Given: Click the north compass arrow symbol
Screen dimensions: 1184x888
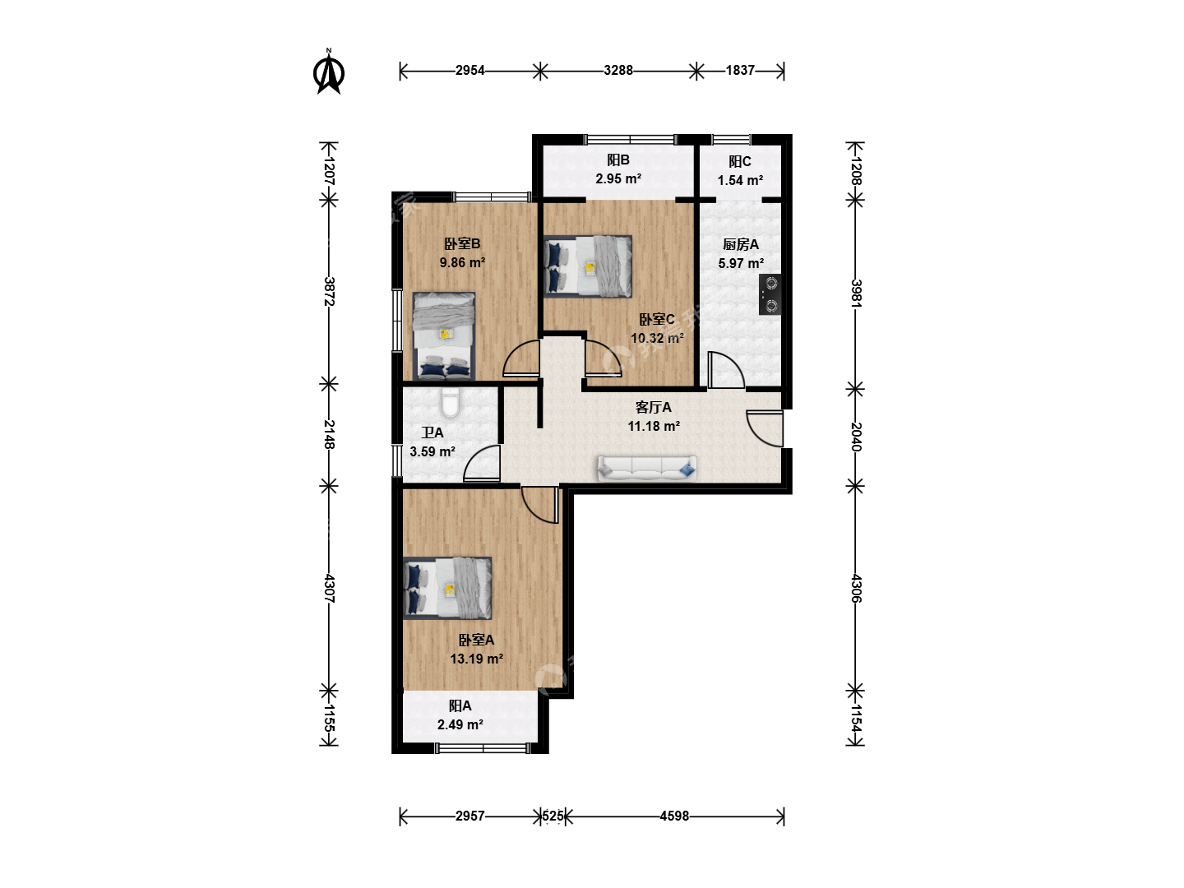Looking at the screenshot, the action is tap(329, 72).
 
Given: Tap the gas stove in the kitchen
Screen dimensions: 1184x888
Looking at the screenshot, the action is tap(770, 294).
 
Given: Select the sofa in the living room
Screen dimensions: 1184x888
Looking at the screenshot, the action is tap(647, 469).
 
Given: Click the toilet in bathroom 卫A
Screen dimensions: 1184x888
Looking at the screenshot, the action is tap(450, 403).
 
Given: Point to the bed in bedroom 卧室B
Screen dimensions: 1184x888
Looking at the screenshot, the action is tap(444, 336).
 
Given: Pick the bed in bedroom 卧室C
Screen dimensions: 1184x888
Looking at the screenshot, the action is tap(587, 266).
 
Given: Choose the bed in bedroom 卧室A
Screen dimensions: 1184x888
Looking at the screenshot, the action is tap(447, 588).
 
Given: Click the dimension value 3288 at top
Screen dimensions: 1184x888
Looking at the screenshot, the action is tap(618, 70).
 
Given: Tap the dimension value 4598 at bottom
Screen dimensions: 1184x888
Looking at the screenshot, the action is tap(674, 816).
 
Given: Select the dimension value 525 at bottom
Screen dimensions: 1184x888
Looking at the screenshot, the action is tap(553, 816).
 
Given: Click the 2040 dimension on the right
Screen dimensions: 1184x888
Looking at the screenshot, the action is tap(856, 437).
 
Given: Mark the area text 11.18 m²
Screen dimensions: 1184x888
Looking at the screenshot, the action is tap(653, 427).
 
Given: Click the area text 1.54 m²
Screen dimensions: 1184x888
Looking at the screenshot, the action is tap(740, 181).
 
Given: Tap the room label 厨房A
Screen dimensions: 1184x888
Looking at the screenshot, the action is tap(741, 245).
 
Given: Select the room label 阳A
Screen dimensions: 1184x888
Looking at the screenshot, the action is tap(460, 705).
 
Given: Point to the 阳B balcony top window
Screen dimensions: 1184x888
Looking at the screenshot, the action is tap(630, 140).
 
